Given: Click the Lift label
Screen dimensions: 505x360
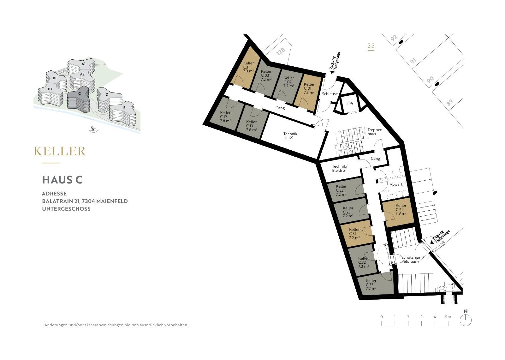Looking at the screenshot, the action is coord(350,104).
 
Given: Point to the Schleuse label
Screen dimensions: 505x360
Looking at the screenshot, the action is coord(330,93).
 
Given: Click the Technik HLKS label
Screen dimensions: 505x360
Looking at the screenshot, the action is coord(290,136).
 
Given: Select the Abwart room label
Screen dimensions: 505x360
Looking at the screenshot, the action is coord(396,184).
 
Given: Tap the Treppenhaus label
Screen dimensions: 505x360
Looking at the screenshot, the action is coord(375,132).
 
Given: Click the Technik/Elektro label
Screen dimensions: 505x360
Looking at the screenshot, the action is coord(340,168).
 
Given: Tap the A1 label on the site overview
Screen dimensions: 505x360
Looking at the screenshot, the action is coord(83,64).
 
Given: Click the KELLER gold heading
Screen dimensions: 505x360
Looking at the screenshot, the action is coord(60,151).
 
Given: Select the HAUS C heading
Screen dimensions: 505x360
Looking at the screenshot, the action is coord(62,180).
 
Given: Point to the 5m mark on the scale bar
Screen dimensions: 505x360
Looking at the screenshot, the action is coord(448,317).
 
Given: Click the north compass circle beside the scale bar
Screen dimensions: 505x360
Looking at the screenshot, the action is coord(466,320).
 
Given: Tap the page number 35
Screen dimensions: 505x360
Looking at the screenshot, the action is coord(371,46).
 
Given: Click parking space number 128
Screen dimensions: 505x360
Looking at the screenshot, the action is coord(281,52).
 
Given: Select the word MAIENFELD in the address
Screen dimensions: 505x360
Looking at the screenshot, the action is coord(112,201).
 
